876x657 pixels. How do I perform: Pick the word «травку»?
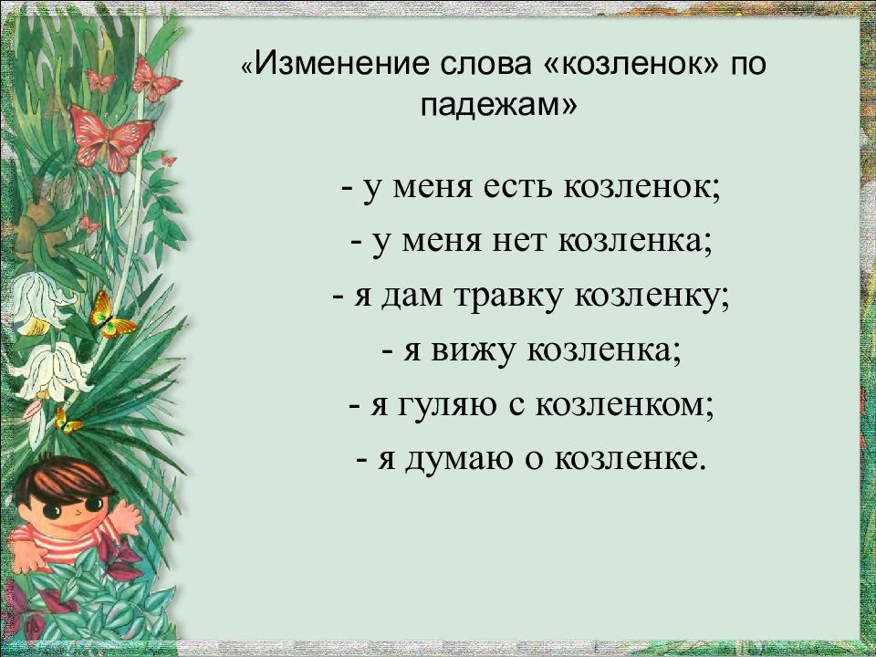click(x=512, y=297)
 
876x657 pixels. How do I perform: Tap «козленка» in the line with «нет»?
click(x=639, y=244)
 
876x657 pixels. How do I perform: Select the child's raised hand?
click(x=124, y=516)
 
